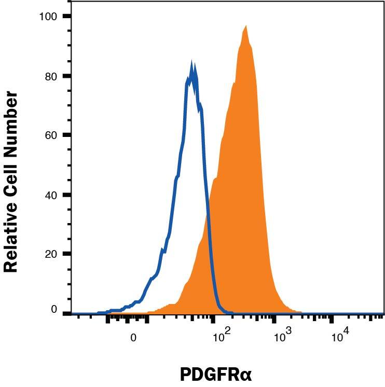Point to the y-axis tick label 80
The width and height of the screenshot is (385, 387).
click(x=50, y=76)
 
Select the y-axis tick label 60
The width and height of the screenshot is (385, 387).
click(x=50, y=135)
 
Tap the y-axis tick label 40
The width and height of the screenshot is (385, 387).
click(x=50, y=195)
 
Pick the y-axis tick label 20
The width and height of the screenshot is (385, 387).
click(x=50, y=254)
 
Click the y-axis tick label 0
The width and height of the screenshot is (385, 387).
click(x=53, y=309)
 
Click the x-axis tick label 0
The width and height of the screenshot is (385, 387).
click(x=133, y=337)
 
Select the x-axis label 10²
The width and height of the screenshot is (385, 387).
click(x=222, y=337)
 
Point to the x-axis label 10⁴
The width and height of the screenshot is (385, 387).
click(x=339, y=337)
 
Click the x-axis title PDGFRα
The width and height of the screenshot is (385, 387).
click(x=215, y=375)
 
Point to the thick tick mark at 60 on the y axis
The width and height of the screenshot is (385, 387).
click(x=66, y=135)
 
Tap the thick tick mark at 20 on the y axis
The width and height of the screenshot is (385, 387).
click(x=66, y=254)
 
